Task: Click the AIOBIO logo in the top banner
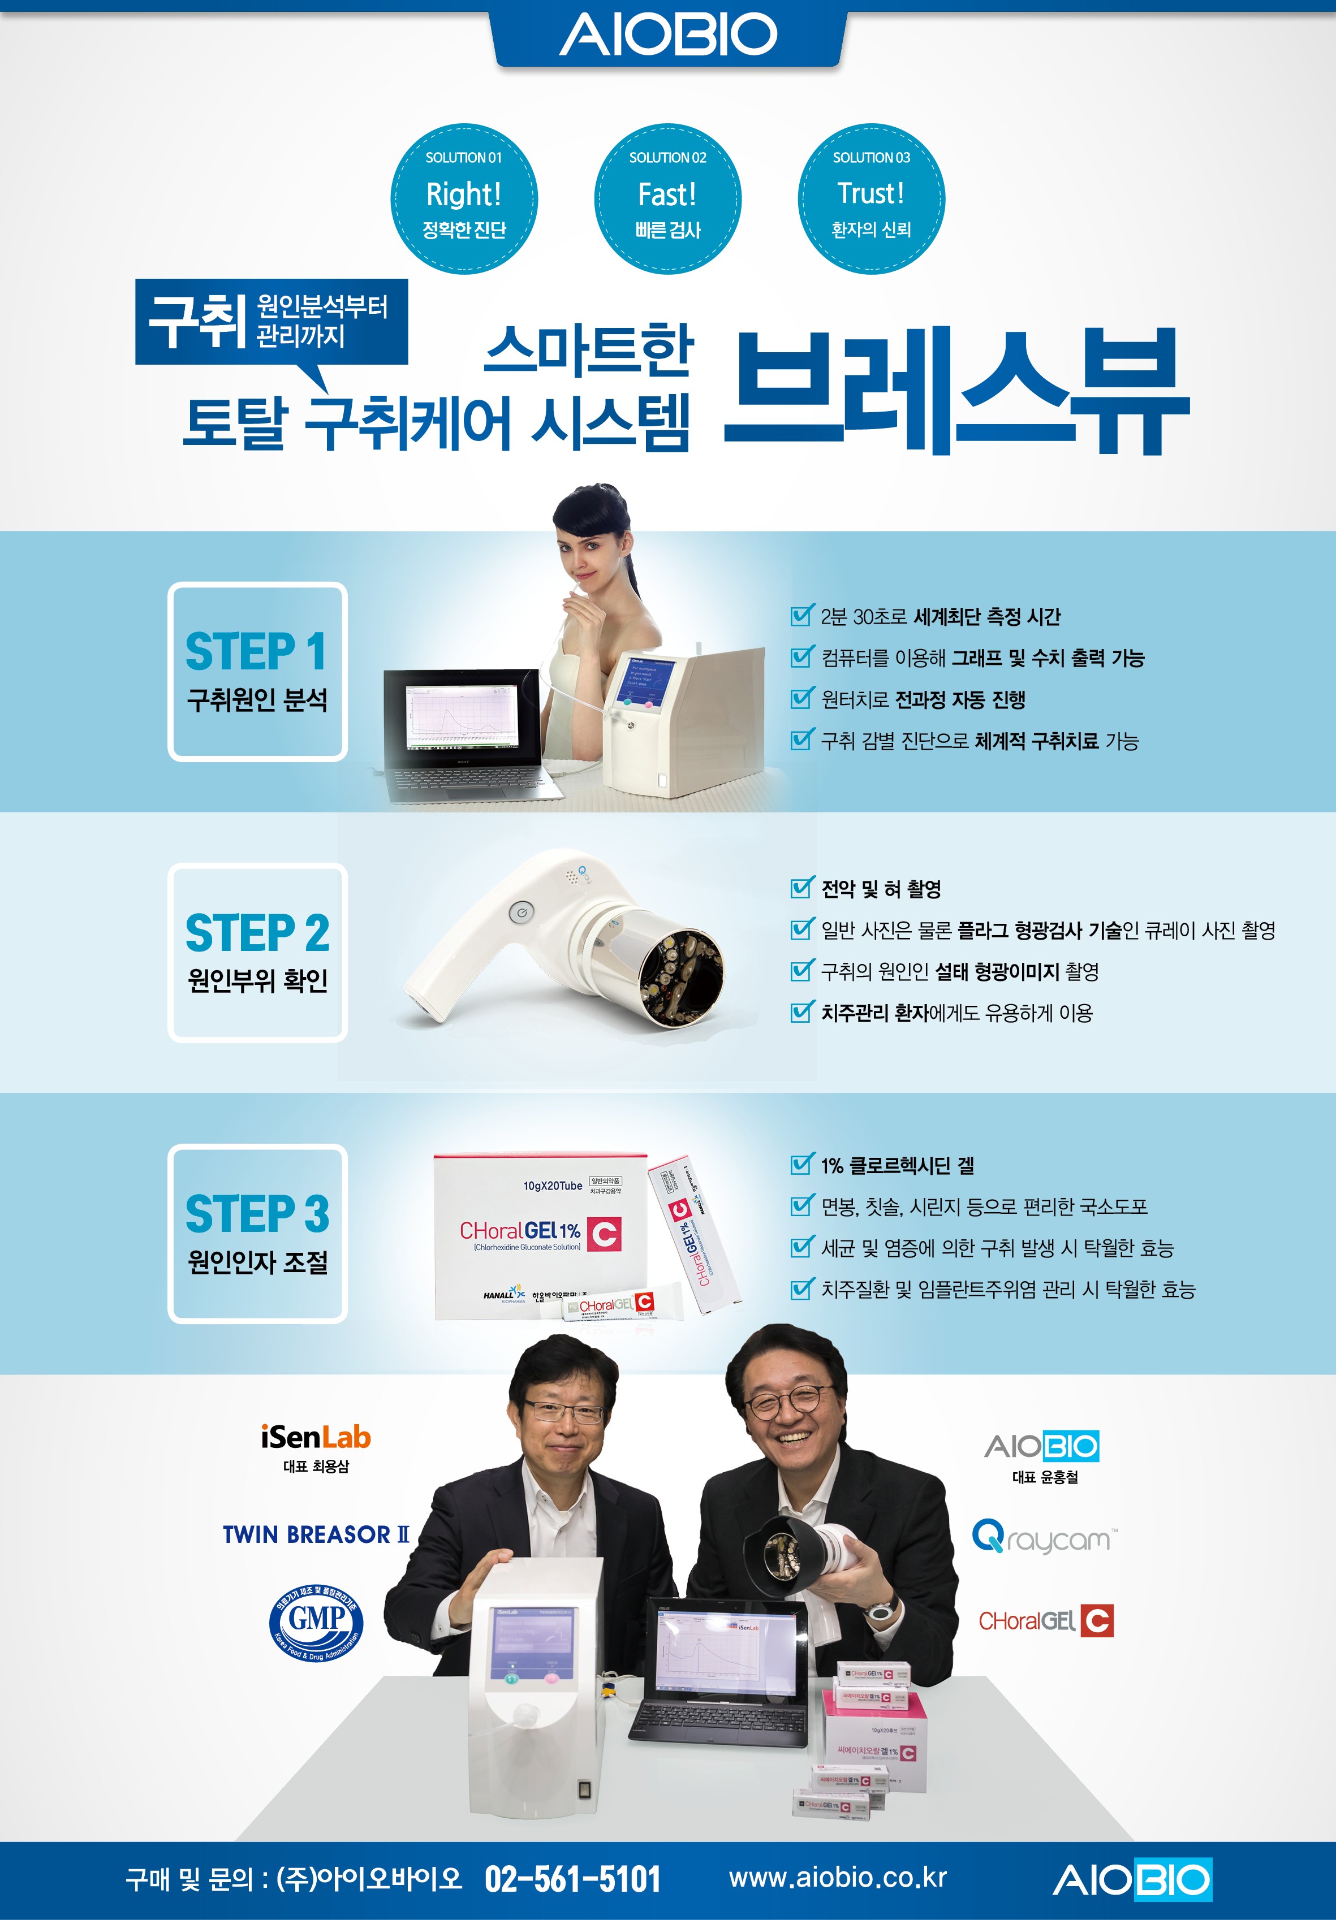pos(667,35)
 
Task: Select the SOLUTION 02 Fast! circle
pos(667,199)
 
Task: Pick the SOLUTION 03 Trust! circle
pos(871,199)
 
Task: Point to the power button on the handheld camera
pos(521,913)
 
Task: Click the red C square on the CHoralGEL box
pos(604,1234)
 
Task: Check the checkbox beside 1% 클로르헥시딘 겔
pos(801,1164)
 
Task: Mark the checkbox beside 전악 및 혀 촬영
pos(801,887)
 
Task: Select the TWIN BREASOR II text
pos(316,1534)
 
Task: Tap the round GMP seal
pos(316,1623)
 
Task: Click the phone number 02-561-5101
pos(572,1879)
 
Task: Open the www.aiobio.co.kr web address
pos(838,1878)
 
